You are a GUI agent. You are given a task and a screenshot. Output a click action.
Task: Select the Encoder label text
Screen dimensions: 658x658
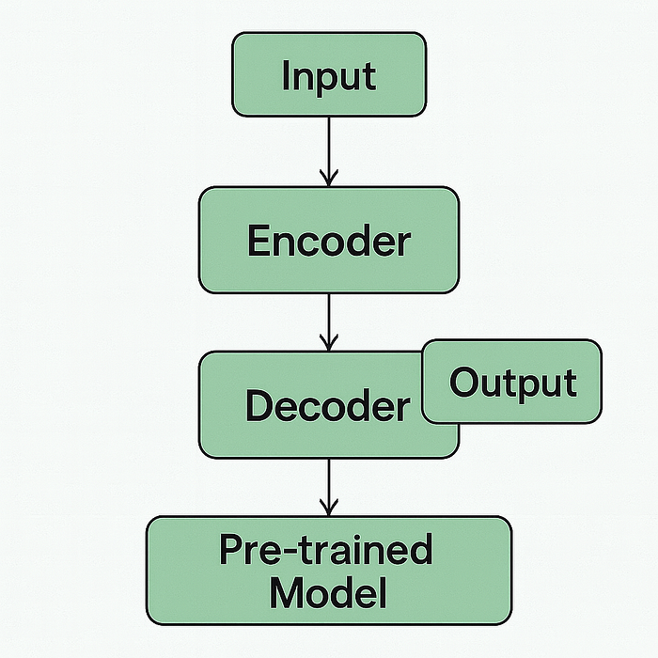[329, 241]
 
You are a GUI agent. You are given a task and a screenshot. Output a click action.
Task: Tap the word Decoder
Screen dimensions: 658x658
[328, 405]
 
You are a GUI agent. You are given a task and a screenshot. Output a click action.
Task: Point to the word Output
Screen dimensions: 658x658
[513, 384]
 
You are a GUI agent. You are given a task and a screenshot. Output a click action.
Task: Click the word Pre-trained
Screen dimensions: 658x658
[326, 550]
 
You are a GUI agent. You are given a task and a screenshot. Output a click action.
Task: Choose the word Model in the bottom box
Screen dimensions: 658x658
[328, 592]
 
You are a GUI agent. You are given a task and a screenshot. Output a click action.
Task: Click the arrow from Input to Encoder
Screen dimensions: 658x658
[329, 151]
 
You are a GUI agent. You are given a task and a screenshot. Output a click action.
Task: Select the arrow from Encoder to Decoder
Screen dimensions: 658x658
[329, 322]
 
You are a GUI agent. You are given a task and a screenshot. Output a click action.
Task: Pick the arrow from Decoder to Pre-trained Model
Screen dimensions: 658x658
[329, 487]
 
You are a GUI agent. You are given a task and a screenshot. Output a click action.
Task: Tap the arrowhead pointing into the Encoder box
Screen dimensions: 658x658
[329, 179]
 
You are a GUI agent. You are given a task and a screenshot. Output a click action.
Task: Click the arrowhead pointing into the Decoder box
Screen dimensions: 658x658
[329, 343]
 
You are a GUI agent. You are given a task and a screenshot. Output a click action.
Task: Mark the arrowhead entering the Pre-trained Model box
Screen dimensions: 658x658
[329, 508]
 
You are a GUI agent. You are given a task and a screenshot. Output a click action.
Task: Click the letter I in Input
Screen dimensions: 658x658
[286, 75]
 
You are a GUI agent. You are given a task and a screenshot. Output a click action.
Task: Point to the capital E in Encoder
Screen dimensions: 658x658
[258, 241]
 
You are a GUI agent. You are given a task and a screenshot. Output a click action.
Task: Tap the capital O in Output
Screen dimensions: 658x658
[463, 382]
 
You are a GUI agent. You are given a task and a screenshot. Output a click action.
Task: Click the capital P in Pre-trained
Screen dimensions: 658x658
[232, 550]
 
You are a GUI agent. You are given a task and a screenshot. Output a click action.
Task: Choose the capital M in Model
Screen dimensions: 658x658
[287, 593]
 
